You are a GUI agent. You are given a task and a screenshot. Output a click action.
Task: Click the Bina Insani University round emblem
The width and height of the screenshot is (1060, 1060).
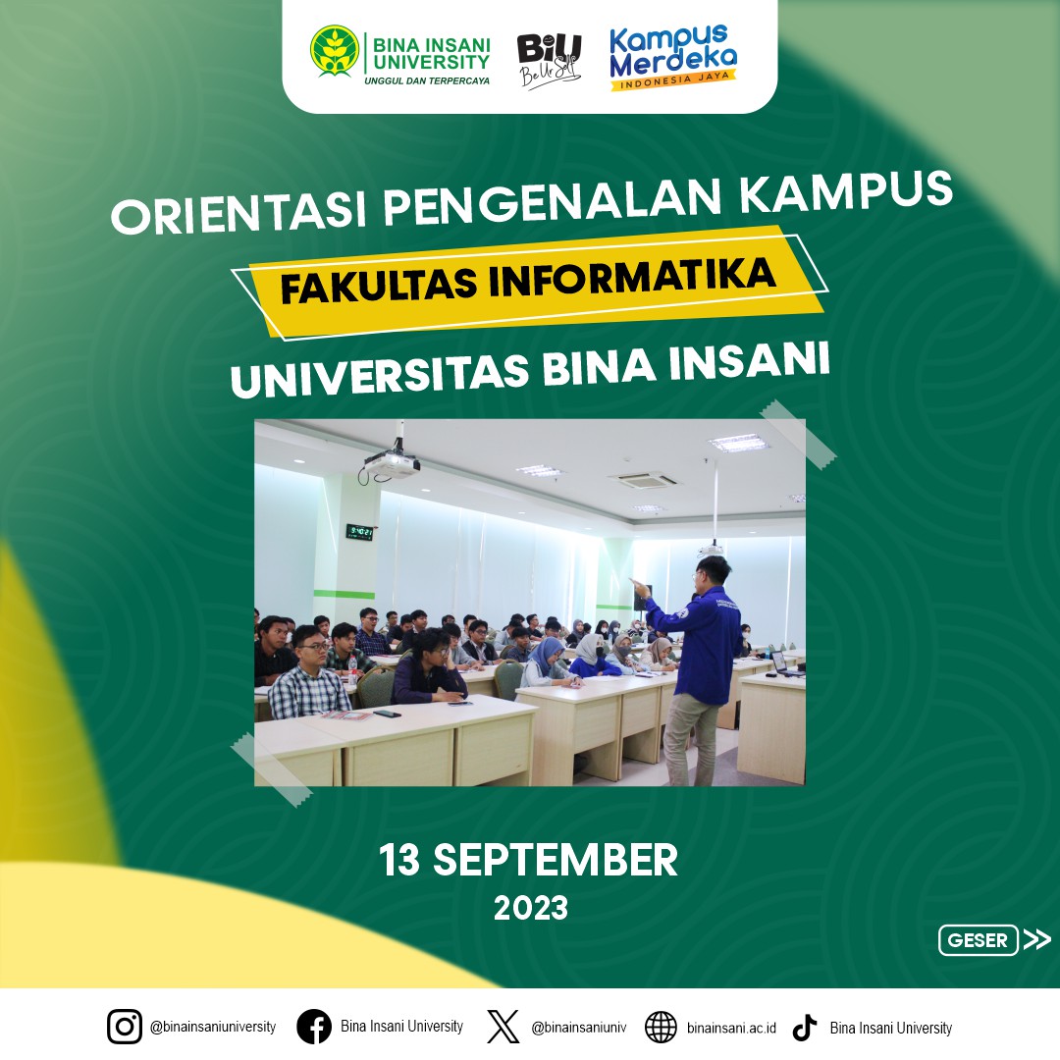click(x=335, y=50)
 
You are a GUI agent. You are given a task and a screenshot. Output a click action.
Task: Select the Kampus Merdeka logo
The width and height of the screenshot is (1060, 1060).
click(x=672, y=58)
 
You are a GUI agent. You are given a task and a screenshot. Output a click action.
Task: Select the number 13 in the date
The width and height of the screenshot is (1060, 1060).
click(x=399, y=860)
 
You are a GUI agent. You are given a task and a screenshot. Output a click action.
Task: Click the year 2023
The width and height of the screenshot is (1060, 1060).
click(x=531, y=909)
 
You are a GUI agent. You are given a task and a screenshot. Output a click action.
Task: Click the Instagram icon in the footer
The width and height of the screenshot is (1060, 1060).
click(x=125, y=1027)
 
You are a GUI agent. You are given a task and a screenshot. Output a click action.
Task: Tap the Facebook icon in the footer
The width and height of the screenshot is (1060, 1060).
click(x=314, y=1027)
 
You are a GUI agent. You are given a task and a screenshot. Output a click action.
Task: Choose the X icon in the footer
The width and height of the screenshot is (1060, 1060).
click(x=503, y=1027)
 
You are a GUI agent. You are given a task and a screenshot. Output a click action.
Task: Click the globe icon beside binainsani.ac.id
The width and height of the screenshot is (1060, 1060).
click(x=661, y=1028)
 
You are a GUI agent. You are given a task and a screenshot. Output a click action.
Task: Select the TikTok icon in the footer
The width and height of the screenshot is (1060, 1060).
click(x=805, y=1027)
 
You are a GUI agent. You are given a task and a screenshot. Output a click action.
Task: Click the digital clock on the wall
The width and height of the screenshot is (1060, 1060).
click(x=359, y=532)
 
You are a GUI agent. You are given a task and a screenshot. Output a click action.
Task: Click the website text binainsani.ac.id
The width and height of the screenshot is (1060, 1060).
click(x=731, y=1029)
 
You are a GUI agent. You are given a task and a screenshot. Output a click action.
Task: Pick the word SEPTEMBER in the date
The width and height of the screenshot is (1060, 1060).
click(x=555, y=860)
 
